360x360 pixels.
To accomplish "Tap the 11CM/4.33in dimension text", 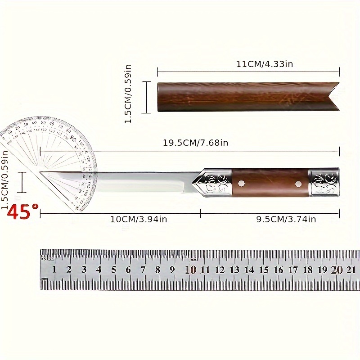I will pyautogui.click(x=265, y=64).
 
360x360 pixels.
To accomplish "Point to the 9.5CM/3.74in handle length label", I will pyautogui.click(x=286, y=219).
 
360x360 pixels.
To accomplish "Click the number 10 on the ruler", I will pyautogui.click(x=190, y=270).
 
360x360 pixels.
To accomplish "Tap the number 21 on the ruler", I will pyautogui.click(x=351, y=270).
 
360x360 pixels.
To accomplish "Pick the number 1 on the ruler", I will pyautogui.click(x=54, y=270).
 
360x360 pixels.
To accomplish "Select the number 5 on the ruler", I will pyautogui.click(x=113, y=270).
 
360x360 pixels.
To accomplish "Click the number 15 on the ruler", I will pyautogui.click(x=264, y=270).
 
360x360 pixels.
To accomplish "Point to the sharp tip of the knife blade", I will pyautogui.click(x=41, y=172).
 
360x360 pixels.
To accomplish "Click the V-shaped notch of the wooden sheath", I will pyautogui.click(x=332, y=96).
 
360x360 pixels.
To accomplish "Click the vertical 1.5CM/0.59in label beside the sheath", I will pyautogui.click(x=128, y=94).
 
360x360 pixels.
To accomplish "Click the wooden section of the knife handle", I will pyautogui.click(x=270, y=182).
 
